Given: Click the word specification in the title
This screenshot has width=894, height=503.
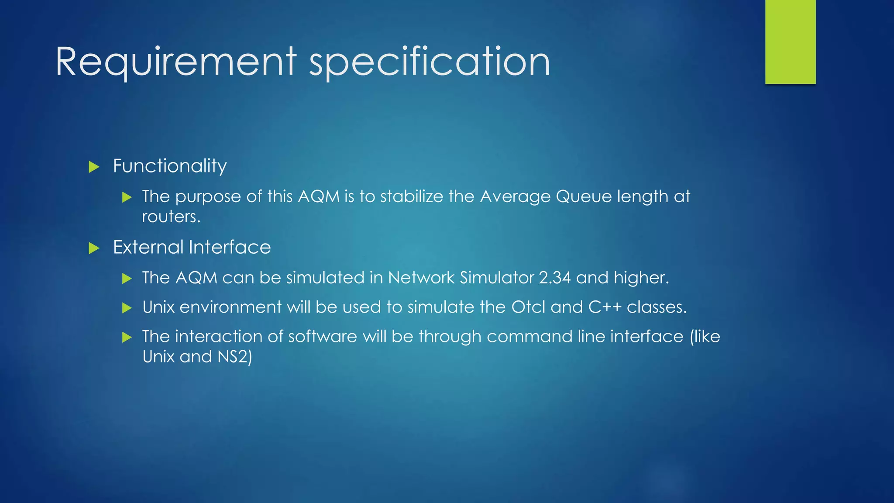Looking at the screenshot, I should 430,62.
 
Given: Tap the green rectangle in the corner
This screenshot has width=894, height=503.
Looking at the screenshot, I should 790,41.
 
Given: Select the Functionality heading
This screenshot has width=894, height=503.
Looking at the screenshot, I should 170,166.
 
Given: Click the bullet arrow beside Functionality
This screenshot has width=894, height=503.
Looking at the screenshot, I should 94,167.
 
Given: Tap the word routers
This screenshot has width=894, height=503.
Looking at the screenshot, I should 171,217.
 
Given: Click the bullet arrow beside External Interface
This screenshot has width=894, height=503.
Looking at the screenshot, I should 94,248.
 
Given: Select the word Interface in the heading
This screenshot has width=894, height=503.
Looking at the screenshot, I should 230,248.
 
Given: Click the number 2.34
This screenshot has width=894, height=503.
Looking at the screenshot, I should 554,278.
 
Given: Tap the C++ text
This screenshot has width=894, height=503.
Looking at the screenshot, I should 605,307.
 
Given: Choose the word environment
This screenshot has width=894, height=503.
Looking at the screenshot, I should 230,307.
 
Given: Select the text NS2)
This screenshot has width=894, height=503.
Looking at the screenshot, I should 235,357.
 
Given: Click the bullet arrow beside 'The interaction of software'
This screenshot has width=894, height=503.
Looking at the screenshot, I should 127,337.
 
